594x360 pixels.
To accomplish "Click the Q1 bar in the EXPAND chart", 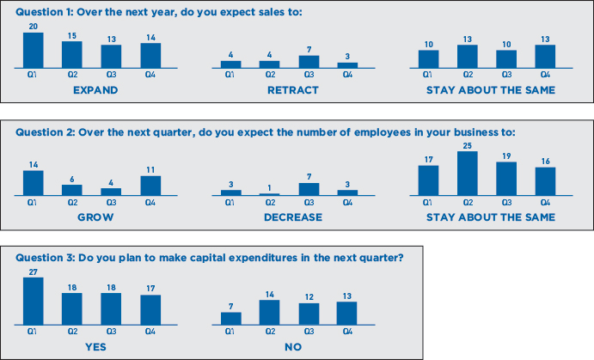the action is [34, 51].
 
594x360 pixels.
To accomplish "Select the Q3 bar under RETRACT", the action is [309, 62].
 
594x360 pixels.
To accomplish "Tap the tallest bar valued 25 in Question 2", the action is [468, 174].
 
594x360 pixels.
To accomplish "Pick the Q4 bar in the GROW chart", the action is [150, 186].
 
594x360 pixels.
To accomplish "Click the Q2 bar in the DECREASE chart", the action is [269, 194].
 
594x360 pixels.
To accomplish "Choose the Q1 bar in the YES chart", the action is [34, 301].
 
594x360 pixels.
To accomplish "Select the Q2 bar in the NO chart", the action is [269, 312].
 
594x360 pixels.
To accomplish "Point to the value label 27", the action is [34, 272].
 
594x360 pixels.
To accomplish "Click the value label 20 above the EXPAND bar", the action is [34, 26].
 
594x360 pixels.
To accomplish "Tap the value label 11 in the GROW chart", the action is [150, 169].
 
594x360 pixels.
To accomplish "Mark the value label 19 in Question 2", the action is [506, 156].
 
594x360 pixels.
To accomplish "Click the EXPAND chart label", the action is [95, 90].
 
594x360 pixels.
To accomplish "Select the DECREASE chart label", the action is [293, 217].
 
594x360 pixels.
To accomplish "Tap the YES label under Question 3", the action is [95, 347].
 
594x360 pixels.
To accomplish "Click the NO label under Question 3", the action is [293, 347].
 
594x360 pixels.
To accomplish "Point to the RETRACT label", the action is [293, 90].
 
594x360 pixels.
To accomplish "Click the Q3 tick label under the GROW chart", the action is [111, 203].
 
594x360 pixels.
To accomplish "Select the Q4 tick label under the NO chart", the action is [347, 332].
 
